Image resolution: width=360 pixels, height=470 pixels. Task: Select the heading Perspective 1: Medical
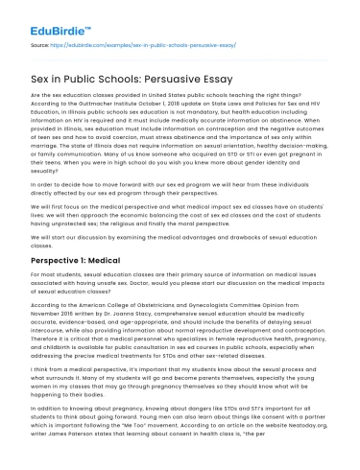coord(70,261)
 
